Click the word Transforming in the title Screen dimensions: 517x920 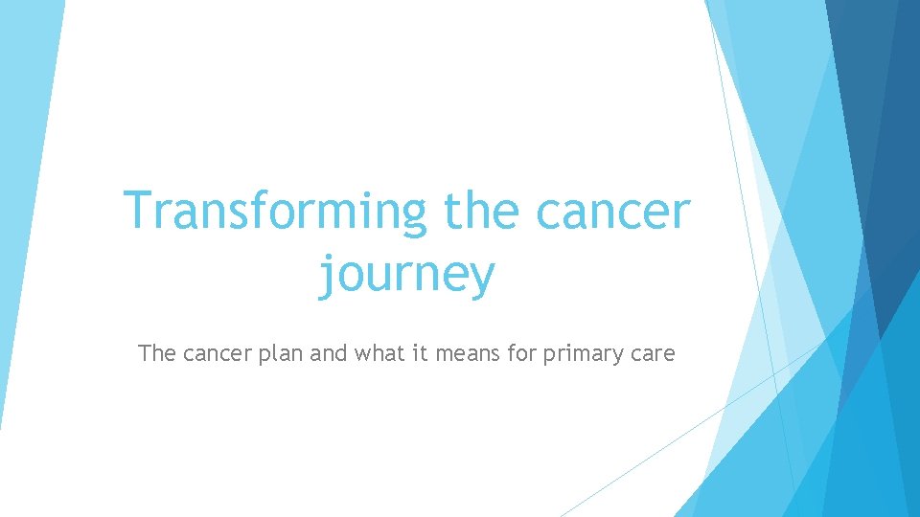(x=275, y=212)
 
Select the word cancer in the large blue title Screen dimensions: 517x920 (x=613, y=213)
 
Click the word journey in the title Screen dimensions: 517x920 (x=406, y=274)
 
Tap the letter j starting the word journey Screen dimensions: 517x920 (x=326, y=274)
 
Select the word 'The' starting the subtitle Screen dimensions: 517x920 (x=157, y=353)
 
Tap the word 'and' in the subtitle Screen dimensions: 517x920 (x=330, y=353)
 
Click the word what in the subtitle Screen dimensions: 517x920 (x=380, y=353)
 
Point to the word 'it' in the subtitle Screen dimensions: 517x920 (x=421, y=353)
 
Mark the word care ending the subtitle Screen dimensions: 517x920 (x=652, y=354)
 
